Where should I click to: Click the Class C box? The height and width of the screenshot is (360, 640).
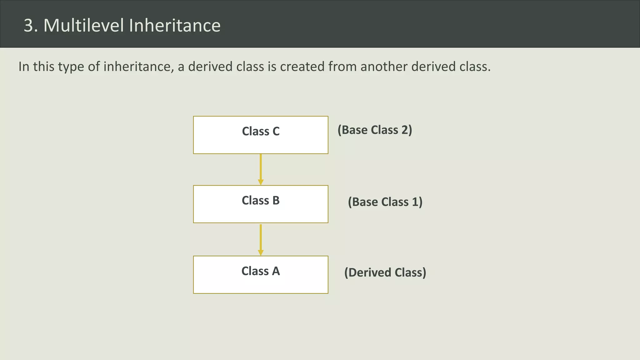261,135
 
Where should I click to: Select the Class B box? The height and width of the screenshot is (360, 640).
261,204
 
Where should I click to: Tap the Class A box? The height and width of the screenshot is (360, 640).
261,275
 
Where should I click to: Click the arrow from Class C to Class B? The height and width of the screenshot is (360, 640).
261,169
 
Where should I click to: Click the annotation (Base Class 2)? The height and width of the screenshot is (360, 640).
375,130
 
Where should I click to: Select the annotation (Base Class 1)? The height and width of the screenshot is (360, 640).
385,202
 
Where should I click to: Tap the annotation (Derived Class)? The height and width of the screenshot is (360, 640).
385,272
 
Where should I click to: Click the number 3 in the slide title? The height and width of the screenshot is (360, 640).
28,25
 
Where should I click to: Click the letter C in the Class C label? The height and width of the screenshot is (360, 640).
276,132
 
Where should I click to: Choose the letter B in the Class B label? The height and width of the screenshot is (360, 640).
276,201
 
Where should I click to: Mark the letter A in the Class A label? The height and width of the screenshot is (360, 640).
276,271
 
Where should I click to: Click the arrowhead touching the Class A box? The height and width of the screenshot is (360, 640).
261,253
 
